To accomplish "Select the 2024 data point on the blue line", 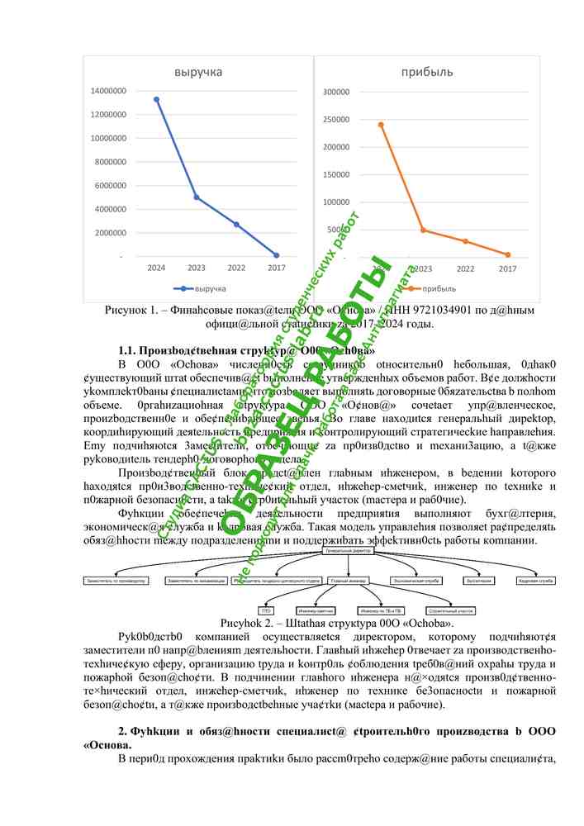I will coord(156,99).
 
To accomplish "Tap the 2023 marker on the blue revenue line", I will coord(196,197).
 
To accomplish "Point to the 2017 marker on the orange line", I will coord(508,254).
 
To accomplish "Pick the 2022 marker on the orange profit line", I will coord(465,241).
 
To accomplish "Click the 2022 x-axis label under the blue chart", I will coord(235,268).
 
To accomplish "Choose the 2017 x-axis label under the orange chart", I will coord(507,268).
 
